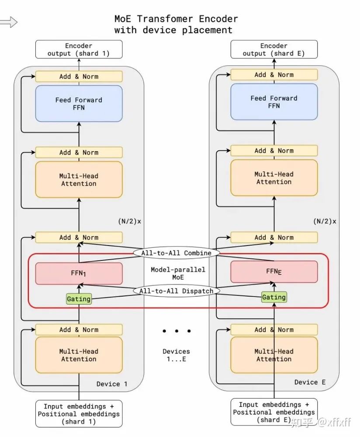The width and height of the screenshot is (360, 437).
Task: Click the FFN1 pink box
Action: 79,274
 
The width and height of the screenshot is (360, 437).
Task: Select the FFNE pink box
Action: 274,271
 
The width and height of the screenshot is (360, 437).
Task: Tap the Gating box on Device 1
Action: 79,299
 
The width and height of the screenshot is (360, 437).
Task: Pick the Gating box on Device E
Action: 274,297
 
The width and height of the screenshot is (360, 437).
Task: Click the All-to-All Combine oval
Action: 176,253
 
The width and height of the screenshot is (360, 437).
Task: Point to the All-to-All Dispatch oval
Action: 176,291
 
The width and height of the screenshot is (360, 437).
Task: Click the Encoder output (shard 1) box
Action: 79,49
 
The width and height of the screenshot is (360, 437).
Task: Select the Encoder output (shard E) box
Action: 274,49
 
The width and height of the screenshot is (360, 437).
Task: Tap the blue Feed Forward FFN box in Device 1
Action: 79,104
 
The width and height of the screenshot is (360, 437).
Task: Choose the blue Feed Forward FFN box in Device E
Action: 274,102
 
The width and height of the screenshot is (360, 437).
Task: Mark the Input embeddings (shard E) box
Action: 274,412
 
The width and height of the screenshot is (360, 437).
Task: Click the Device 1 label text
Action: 112,384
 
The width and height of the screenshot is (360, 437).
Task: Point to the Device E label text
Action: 310,382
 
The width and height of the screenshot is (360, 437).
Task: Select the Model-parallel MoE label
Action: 178,274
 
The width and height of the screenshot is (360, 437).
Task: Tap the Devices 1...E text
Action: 177,355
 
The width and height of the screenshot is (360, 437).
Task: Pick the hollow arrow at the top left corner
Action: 8,22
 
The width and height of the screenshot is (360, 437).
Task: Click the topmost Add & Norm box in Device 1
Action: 79,76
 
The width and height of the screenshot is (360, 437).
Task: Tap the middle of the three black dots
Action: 177,331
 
